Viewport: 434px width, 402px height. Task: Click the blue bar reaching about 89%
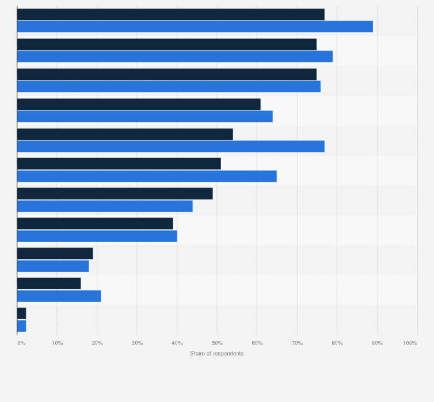tap(195, 26)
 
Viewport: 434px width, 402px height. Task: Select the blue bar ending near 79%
tap(175, 56)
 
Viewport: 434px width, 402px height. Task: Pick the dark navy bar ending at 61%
tap(139, 104)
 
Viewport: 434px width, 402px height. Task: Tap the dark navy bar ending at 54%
tap(125, 134)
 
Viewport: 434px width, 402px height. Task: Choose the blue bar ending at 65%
tap(147, 177)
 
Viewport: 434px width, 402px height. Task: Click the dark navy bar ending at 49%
tap(115, 194)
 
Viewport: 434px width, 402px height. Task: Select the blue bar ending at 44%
tap(105, 206)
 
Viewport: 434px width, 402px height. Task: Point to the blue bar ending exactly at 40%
tap(97, 236)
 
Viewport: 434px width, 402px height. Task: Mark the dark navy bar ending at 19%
tap(55, 254)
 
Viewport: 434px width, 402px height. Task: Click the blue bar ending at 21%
tap(59, 296)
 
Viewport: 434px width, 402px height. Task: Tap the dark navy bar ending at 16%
tap(49, 284)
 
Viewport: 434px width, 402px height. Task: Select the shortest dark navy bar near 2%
tap(22, 313)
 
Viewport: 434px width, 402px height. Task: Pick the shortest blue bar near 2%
tap(22, 326)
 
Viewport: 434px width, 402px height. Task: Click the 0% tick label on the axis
tap(21, 343)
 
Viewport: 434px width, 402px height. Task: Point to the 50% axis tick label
tap(217, 343)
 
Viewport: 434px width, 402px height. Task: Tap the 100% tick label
tap(410, 343)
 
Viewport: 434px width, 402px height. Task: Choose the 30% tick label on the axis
tap(138, 343)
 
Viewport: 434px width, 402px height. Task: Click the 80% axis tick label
tap(337, 343)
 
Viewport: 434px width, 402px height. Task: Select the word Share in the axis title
tap(197, 353)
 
